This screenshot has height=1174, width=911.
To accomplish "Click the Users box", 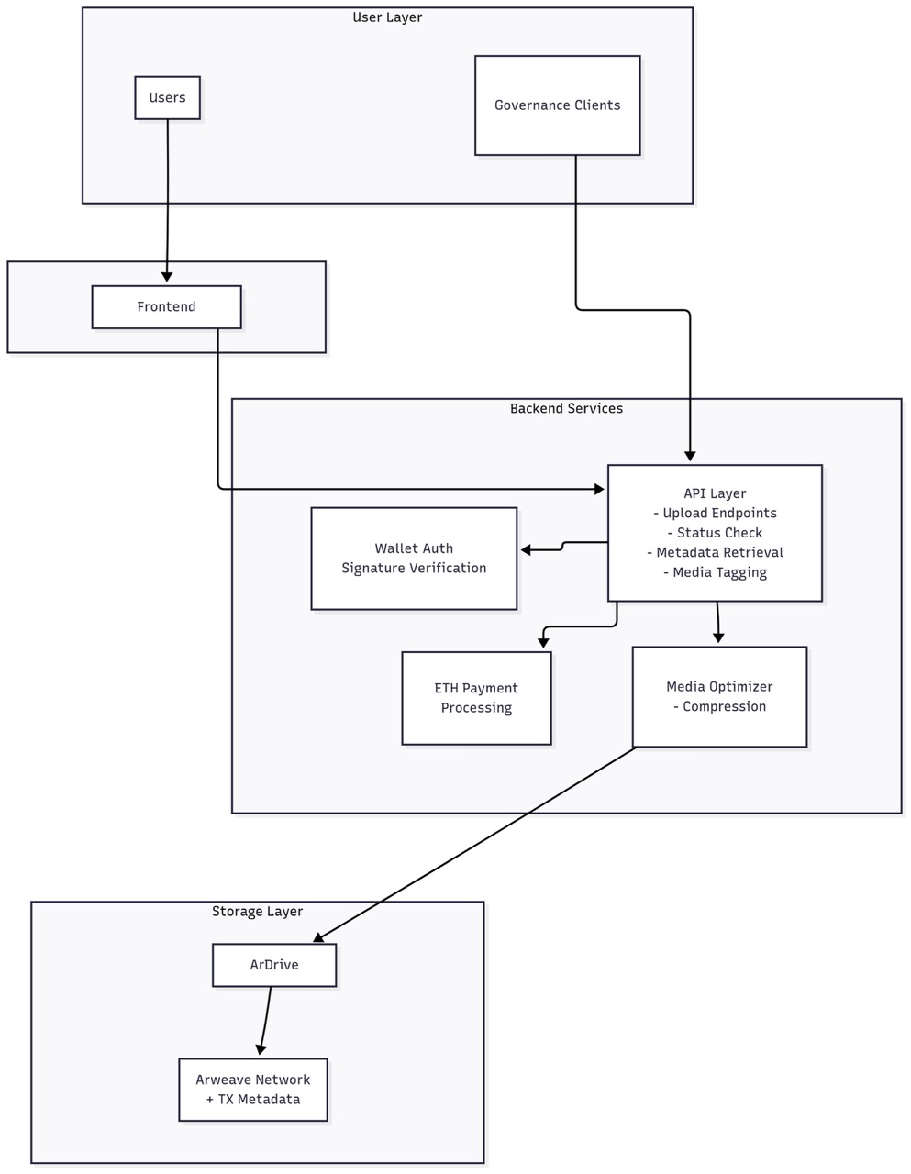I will click(x=167, y=98).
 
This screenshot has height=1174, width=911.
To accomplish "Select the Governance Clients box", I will click(x=557, y=105).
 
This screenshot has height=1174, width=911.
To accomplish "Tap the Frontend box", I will click(x=166, y=307).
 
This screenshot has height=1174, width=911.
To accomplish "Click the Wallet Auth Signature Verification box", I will click(x=414, y=559).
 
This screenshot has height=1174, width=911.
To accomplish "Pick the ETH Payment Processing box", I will click(x=476, y=698).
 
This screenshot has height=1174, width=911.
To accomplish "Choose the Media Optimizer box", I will click(x=719, y=697).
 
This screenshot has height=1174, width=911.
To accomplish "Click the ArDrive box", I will click(x=274, y=966).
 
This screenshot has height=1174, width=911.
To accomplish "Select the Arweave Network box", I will click(x=252, y=1090).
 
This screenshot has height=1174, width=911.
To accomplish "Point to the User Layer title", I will click(x=387, y=17).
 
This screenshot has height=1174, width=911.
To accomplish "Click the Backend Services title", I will click(x=566, y=408).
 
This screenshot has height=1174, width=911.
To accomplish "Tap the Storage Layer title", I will click(x=257, y=911).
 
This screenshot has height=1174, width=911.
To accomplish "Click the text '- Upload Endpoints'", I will click(x=715, y=514).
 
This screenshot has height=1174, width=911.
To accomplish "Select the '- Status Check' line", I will click(x=715, y=533).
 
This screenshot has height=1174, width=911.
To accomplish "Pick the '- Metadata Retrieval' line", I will click(x=715, y=552).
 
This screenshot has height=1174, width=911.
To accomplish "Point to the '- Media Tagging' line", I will click(x=715, y=572).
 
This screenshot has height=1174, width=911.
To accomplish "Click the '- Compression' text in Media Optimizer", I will click(x=719, y=706).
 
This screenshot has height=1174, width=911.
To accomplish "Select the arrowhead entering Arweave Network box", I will click(x=261, y=1049).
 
